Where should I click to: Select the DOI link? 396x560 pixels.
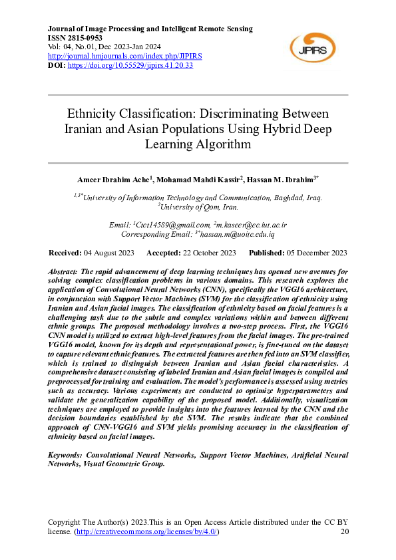pyautogui.click(x=130, y=66)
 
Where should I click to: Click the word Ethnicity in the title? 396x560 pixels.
pyautogui.click(x=98, y=114)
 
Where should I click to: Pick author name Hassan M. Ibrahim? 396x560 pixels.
pyautogui.click(x=279, y=180)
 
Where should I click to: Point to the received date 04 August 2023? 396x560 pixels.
pyautogui.click(x=108, y=253)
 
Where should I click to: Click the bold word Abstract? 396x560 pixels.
pyautogui.click(x=63, y=273)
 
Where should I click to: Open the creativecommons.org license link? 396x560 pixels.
pyautogui.click(x=146, y=532)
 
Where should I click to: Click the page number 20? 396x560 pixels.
pyautogui.click(x=344, y=532)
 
